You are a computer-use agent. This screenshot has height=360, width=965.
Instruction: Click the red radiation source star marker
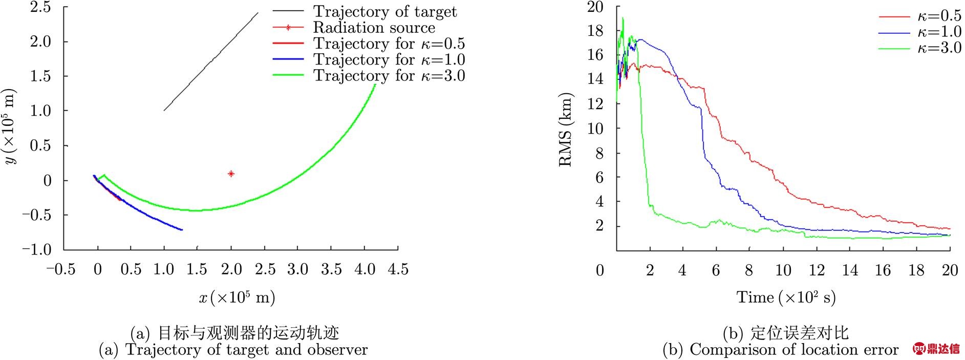click(231, 174)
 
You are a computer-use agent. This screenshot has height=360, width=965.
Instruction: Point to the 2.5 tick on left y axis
click(41, 7)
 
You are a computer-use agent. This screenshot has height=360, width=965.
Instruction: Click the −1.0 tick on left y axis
click(36, 249)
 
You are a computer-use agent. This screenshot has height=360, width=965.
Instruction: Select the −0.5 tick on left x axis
click(61, 269)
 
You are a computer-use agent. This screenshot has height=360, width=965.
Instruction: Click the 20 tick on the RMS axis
click(595, 7)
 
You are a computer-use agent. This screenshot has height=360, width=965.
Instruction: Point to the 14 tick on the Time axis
click(850, 270)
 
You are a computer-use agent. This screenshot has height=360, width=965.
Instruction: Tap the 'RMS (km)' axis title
click(565, 130)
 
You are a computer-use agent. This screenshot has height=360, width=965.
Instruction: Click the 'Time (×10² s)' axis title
click(786, 297)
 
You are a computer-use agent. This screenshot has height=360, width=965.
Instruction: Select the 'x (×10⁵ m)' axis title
click(237, 297)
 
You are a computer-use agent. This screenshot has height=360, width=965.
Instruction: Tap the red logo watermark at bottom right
click(936, 349)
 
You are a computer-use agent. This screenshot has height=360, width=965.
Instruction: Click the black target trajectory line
click(210, 62)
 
